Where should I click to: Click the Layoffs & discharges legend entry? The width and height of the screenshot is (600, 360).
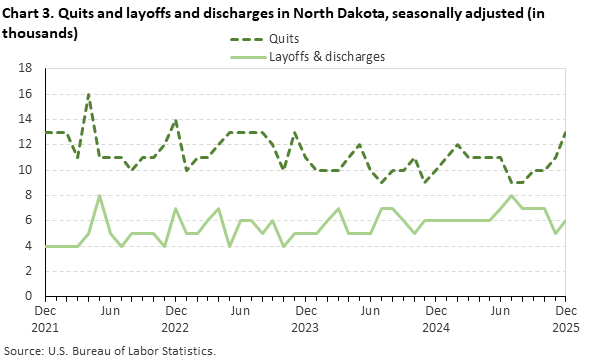[326, 56]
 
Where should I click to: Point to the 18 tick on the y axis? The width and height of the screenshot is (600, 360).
[28, 68]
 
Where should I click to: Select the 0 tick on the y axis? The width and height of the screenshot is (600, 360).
[32, 297]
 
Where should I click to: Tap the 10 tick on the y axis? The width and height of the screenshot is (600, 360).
[28, 170]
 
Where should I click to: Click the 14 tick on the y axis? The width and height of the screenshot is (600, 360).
[28, 119]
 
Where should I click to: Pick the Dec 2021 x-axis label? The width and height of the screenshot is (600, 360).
[45, 319]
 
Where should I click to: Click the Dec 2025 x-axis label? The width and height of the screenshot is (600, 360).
[566, 319]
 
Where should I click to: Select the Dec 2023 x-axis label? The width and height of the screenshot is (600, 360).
[305, 319]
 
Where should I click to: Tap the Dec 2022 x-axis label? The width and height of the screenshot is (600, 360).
[175, 319]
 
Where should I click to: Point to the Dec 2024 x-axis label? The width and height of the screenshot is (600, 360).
[436, 319]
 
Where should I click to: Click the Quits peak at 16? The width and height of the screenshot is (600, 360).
[89, 94]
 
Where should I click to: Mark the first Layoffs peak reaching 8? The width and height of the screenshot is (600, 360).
[99, 195]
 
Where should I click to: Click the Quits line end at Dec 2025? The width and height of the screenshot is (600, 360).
[566, 132]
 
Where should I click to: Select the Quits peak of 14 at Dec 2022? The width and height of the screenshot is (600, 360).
[176, 120]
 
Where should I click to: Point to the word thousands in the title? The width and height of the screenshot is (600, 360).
[41, 31]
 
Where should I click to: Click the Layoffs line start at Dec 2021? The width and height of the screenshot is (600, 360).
[45, 246]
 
